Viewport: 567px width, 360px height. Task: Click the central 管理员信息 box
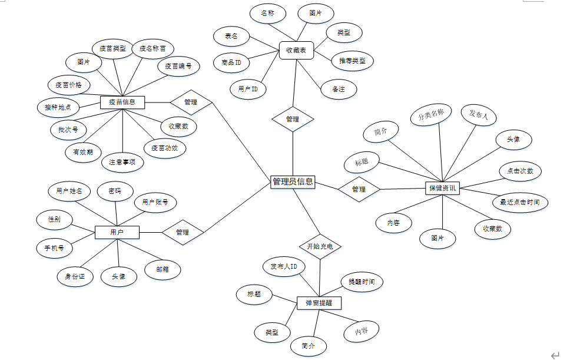[x=293, y=182]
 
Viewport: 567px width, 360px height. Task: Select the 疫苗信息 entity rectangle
[x=122, y=102]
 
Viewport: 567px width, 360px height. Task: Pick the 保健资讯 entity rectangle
[x=443, y=188]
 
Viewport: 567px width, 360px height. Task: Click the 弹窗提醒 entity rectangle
[x=319, y=303]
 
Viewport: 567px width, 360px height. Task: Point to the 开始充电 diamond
[x=320, y=246]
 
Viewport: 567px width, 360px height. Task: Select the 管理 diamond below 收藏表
[x=293, y=119]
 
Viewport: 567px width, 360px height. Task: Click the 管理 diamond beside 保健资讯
[x=359, y=189]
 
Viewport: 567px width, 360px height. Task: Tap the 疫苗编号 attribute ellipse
[x=178, y=66]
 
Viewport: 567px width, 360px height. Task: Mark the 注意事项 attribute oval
[x=122, y=161]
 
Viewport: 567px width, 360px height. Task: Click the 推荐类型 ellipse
[x=352, y=60]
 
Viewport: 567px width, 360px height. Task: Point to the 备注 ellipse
[x=338, y=89]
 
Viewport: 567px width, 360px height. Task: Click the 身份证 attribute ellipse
[x=75, y=276]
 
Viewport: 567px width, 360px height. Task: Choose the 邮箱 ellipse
[x=163, y=270]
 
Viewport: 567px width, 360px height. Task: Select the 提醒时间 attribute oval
[x=362, y=282]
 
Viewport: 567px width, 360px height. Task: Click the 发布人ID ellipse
[x=283, y=266]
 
